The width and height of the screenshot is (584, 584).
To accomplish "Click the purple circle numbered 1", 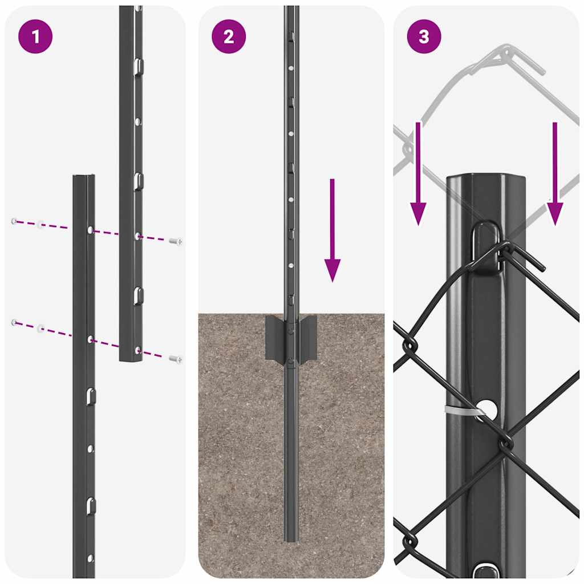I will pyautogui.click(x=35, y=37).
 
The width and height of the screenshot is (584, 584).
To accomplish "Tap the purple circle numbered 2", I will pyautogui.click(x=229, y=37).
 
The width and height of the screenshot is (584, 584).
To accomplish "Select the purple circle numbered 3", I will pyautogui.click(x=424, y=37).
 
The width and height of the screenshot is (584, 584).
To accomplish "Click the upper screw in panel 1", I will pyautogui.click(x=177, y=242).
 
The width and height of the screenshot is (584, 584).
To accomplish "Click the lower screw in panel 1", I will pyautogui.click(x=176, y=359).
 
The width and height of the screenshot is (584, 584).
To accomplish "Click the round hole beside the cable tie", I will pyautogui.click(x=486, y=408).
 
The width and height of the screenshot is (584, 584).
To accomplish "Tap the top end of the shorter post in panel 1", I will pyautogui.click(x=84, y=176).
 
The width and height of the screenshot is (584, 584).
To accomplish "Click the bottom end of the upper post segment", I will pyautogui.click(x=131, y=359).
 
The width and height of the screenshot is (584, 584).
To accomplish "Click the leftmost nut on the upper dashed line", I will pyautogui.click(x=14, y=221).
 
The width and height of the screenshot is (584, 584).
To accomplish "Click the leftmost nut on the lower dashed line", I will pyautogui.click(x=14, y=323).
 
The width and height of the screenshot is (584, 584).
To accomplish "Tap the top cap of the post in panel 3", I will pyautogui.click(x=485, y=178).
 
